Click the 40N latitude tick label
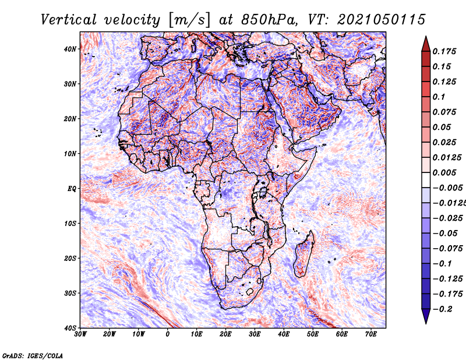tap(70, 49)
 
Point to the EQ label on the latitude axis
tap(72, 189)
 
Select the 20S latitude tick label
tap(70, 258)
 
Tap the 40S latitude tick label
tap(70, 328)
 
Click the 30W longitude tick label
tap(80, 334)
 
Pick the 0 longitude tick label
tap(168, 334)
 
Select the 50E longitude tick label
tap(313, 334)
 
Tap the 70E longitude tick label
tap(371, 334)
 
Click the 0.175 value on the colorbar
tap(444, 51)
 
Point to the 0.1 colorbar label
tap(439, 97)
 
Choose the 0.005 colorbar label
tap(444, 172)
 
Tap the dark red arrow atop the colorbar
tap(426, 45)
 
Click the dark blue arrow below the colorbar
tap(426, 316)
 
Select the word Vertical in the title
tap(68, 20)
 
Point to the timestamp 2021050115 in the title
tap(382, 20)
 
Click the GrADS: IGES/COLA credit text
tap(33, 355)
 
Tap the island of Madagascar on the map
tap(304, 255)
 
